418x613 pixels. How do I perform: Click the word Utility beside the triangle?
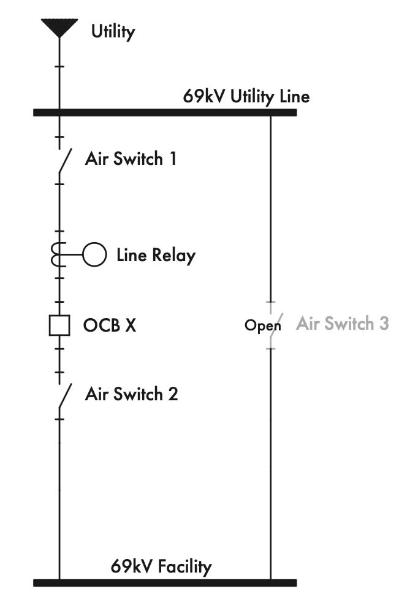(113, 31)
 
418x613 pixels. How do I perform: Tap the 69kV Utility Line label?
(246, 96)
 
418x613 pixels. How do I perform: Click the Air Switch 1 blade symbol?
(64, 161)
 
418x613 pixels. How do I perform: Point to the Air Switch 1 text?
(131, 159)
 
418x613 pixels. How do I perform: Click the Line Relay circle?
(94, 254)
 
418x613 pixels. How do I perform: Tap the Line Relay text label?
(156, 254)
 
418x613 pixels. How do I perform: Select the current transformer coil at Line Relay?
(57, 254)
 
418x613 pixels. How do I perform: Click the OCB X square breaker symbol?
(59, 325)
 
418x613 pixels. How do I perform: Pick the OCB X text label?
(109, 325)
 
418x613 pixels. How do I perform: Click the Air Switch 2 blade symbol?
(64, 395)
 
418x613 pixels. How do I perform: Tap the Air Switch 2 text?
(131, 394)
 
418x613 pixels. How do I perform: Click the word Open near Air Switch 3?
(262, 326)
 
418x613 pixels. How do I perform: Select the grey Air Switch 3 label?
(342, 323)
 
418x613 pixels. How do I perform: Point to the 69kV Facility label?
(161, 566)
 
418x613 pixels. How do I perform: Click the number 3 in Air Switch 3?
(383, 323)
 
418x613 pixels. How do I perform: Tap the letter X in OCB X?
(130, 325)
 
